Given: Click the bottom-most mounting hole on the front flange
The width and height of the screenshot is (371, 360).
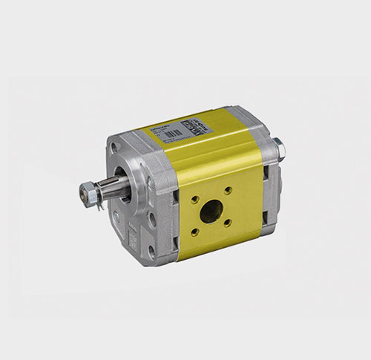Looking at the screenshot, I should coord(149,256).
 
